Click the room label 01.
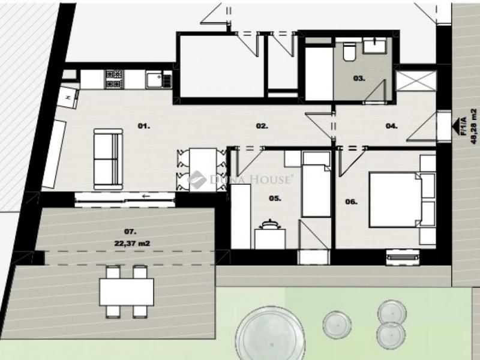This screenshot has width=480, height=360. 144,126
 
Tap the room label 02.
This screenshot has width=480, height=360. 262,126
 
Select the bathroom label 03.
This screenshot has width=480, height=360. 359,79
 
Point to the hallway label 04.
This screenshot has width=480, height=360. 392,126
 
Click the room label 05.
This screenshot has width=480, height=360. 275,199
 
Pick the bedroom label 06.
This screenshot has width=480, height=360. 351,202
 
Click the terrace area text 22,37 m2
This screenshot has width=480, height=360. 132,244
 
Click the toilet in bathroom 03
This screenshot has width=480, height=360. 349,51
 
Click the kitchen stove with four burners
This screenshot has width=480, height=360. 114,79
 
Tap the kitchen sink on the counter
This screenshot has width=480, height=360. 155,79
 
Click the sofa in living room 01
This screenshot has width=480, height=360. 108,159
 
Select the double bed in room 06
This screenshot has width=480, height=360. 396,200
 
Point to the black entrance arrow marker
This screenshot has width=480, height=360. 458,126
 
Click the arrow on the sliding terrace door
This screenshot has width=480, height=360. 146,196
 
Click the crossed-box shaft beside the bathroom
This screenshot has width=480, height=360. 416,80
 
